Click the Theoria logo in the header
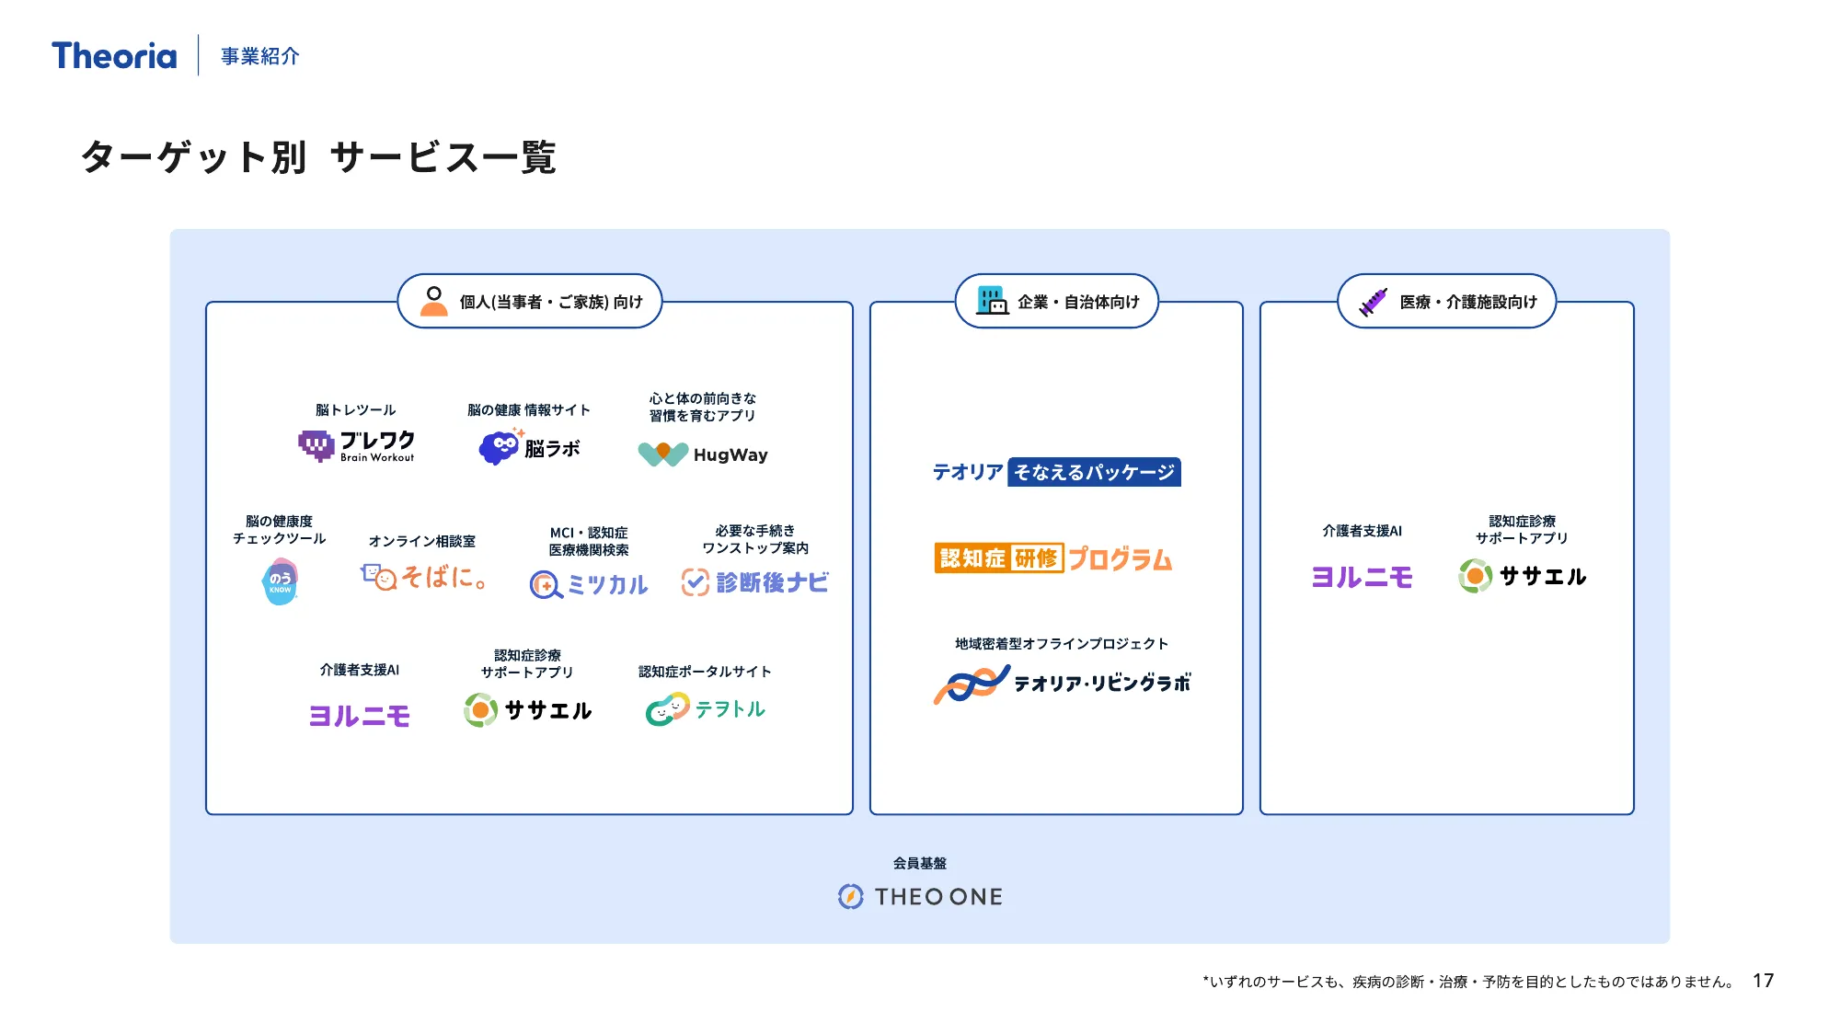click(114, 56)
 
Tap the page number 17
click(1763, 981)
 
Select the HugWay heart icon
click(662, 454)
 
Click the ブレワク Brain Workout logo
click(357, 445)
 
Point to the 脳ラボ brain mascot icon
click(500, 447)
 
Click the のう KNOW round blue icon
click(281, 582)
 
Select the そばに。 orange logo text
click(443, 578)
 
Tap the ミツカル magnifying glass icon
click(545, 584)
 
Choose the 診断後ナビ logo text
click(772, 582)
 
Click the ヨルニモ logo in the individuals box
click(360, 716)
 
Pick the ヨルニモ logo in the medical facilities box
click(1362, 577)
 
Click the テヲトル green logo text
click(730, 709)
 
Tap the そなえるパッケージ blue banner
click(1094, 472)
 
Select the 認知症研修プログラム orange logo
click(1053, 558)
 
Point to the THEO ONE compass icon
click(851, 896)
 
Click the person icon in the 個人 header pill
click(433, 301)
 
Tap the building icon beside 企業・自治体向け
click(992, 300)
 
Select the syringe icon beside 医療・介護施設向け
click(1373, 301)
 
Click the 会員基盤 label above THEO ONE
click(919, 863)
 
